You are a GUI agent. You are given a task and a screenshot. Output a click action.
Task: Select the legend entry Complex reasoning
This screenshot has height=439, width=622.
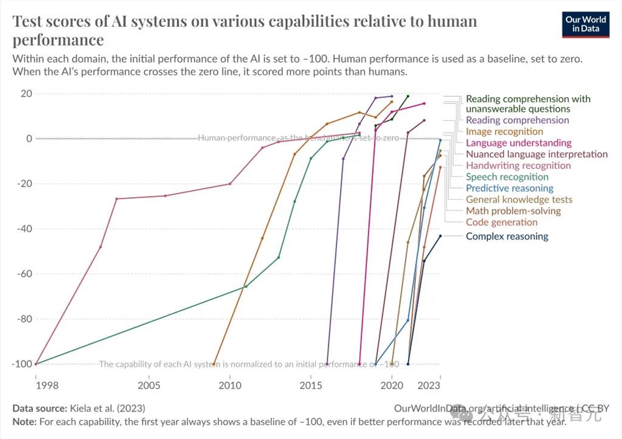click(507, 236)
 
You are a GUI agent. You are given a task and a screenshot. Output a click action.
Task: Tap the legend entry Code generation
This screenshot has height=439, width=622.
click(501, 222)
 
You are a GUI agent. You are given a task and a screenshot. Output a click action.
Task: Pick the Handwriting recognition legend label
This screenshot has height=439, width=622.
click(518, 166)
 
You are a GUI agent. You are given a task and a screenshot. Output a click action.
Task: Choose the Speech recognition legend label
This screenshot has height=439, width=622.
click(507, 177)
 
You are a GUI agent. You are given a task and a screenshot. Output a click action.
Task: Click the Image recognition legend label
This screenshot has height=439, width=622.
click(504, 131)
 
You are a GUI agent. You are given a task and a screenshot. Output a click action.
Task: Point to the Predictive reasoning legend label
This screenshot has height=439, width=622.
click(509, 188)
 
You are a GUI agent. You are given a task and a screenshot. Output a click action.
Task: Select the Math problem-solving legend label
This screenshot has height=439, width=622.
click(513, 211)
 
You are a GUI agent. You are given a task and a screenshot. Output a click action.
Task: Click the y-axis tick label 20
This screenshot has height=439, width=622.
click(25, 93)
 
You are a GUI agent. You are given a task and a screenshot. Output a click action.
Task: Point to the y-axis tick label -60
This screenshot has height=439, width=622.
click(22, 274)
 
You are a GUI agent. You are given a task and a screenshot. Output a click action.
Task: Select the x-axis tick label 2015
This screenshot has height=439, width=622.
click(311, 385)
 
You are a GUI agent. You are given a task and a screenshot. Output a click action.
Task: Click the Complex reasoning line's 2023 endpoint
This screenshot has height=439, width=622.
click(440, 236)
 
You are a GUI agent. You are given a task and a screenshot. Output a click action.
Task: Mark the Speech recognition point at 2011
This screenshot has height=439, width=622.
click(246, 286)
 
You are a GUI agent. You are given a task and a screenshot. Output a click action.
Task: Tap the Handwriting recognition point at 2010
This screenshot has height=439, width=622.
click(230, 184)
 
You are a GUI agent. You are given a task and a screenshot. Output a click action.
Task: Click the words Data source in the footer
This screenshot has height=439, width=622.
click(39, 408)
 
